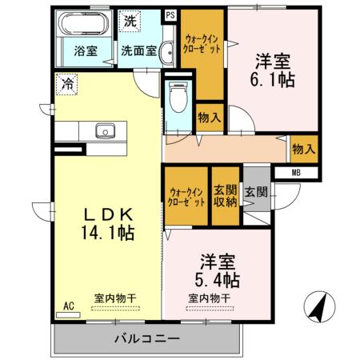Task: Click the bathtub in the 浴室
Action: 84,23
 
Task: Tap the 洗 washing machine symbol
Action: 130,21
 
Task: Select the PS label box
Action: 170,15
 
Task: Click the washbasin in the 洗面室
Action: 167,53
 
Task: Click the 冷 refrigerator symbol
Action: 66,84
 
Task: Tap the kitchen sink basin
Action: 106,130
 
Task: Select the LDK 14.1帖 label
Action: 108,224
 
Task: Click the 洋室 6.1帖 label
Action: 273,70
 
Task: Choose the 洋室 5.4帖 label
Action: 218,270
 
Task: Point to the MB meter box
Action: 296,173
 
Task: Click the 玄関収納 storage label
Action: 226,196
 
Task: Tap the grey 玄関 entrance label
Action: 256,191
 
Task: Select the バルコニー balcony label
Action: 147,338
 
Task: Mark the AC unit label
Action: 69,306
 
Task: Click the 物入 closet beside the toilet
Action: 210,118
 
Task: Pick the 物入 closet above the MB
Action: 304,149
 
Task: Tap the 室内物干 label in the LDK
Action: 115,298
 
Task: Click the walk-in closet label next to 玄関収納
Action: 186,197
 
